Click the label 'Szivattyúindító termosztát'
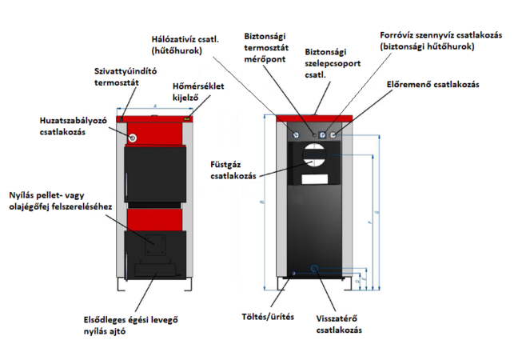(120, 76)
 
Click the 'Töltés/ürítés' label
(268, 316)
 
